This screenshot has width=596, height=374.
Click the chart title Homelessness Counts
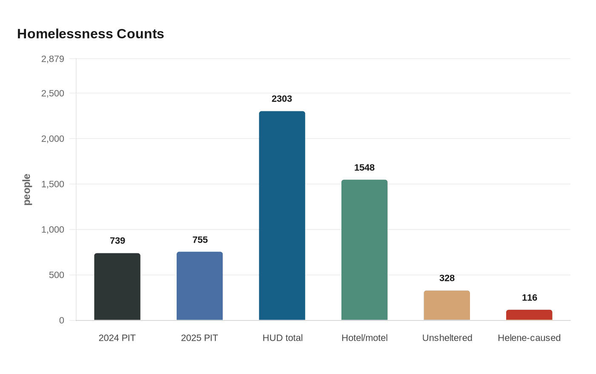click(91, 34)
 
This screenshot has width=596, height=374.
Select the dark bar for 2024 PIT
click(117, 287)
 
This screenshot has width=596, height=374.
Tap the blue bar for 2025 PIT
click(200, 286)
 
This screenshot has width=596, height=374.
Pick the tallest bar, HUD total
click(282, 216)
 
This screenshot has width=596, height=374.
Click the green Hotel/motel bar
click(364, 250)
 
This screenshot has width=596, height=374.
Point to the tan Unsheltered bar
click(447, 306)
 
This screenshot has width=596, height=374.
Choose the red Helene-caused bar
click(529, 315)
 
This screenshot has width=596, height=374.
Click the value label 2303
click(282, 99)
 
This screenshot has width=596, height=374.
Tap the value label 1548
click(364, 168)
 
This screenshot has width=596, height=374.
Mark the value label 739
click(117, 241)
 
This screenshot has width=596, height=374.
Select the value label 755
click(200, 240)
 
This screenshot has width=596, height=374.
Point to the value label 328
click(447, 278)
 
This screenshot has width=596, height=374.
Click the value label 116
click(530, 298)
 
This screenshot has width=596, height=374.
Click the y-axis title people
click(27, 190)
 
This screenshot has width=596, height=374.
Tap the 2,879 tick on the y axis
click(53, 59)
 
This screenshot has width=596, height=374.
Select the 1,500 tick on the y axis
click(53, 184)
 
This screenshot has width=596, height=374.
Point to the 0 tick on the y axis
click(62, 320)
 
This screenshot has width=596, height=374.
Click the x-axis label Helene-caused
click(529, 338)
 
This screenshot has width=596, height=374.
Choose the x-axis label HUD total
click(283, 338)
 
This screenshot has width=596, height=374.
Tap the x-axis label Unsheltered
click(447, 338)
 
